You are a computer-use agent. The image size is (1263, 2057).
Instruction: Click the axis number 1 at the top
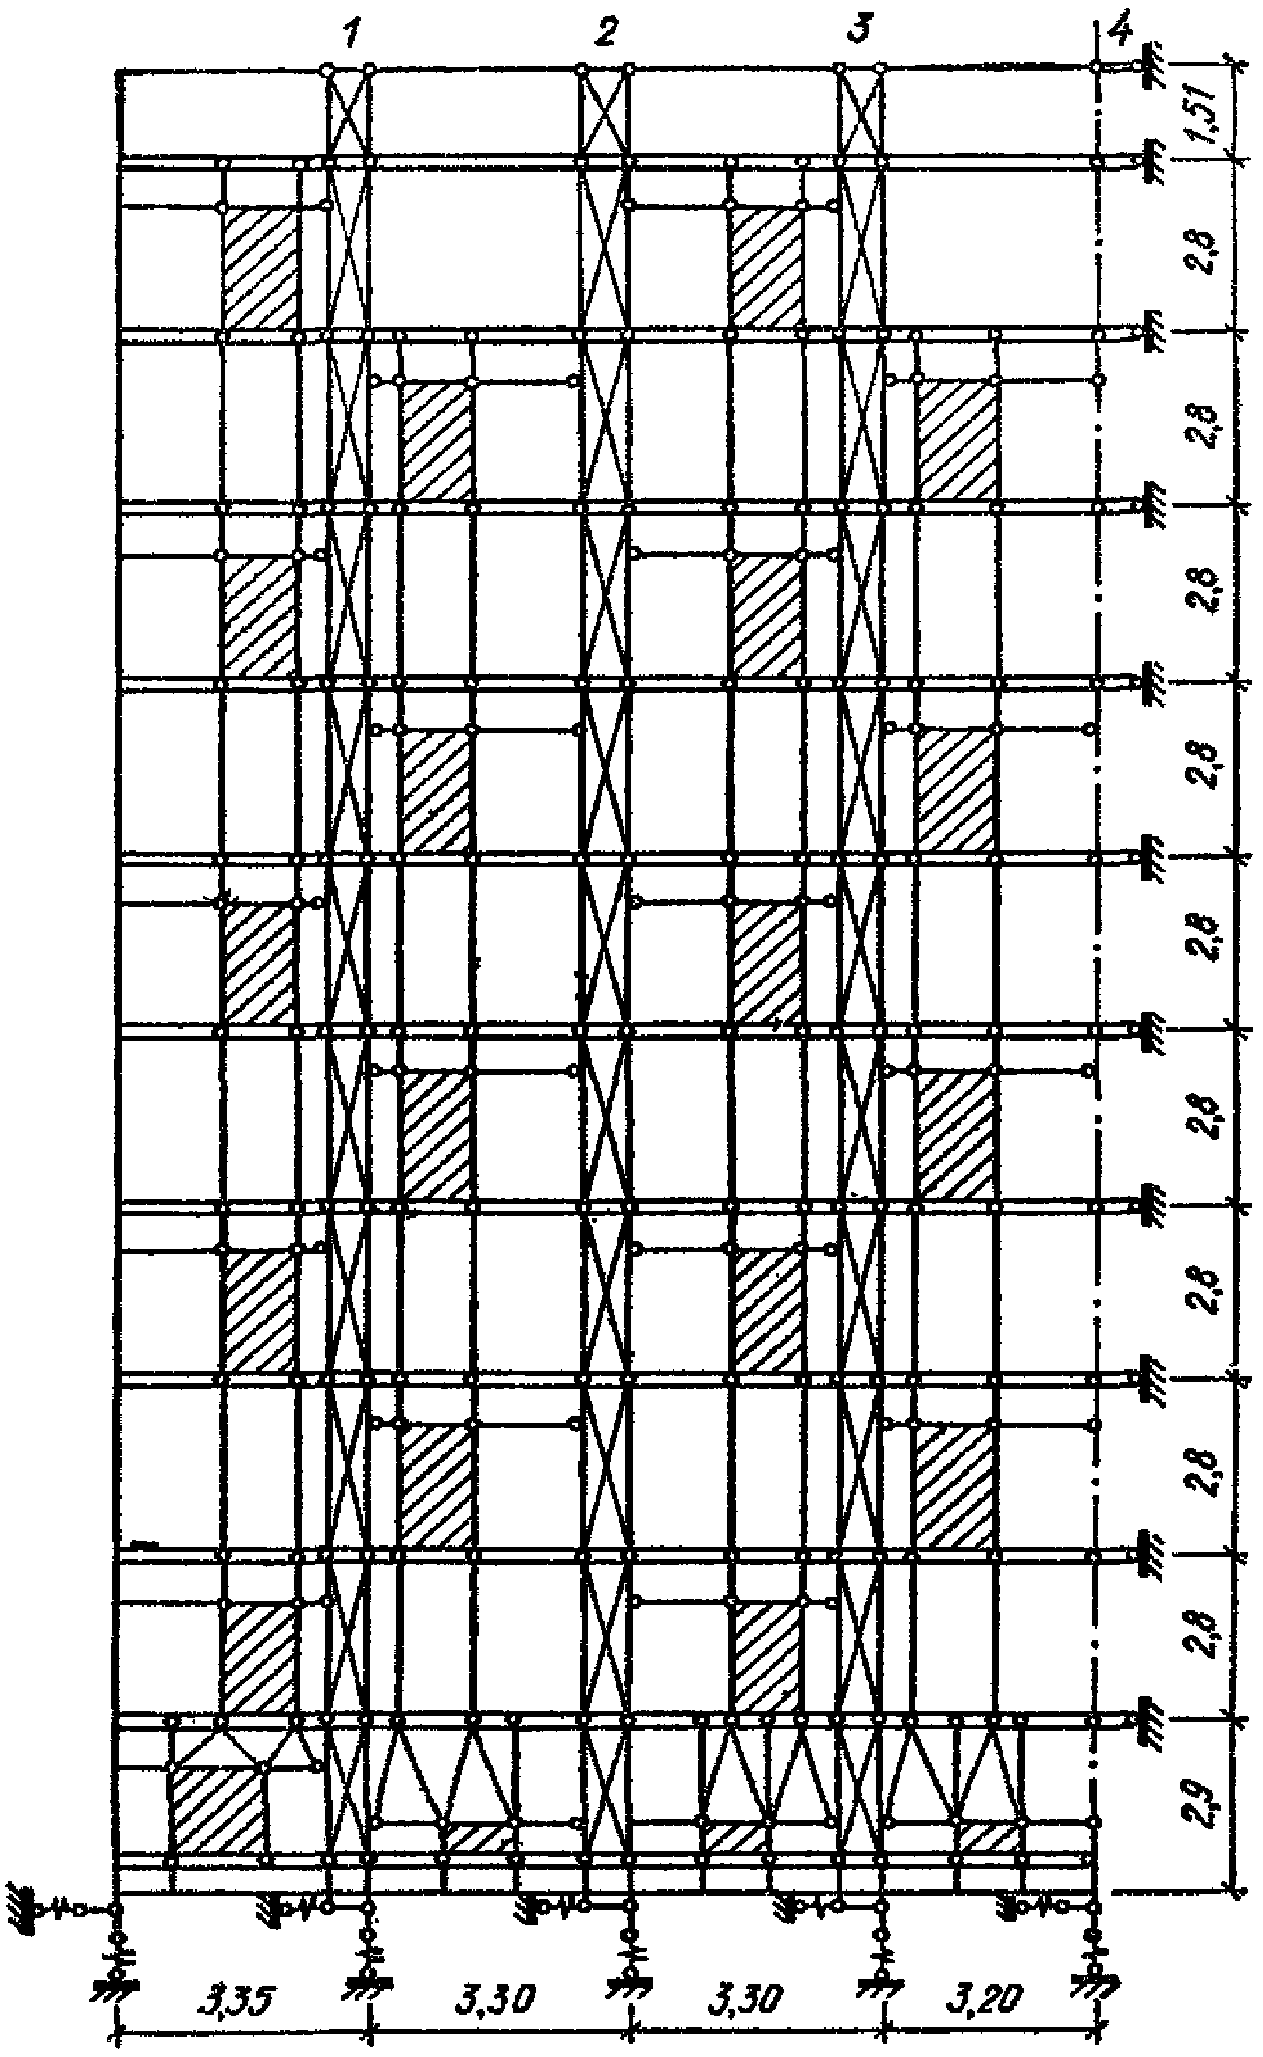(352, 35)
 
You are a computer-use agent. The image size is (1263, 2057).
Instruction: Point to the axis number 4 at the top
(1120, 34)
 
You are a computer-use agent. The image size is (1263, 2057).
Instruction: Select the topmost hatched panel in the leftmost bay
(260, 268)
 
